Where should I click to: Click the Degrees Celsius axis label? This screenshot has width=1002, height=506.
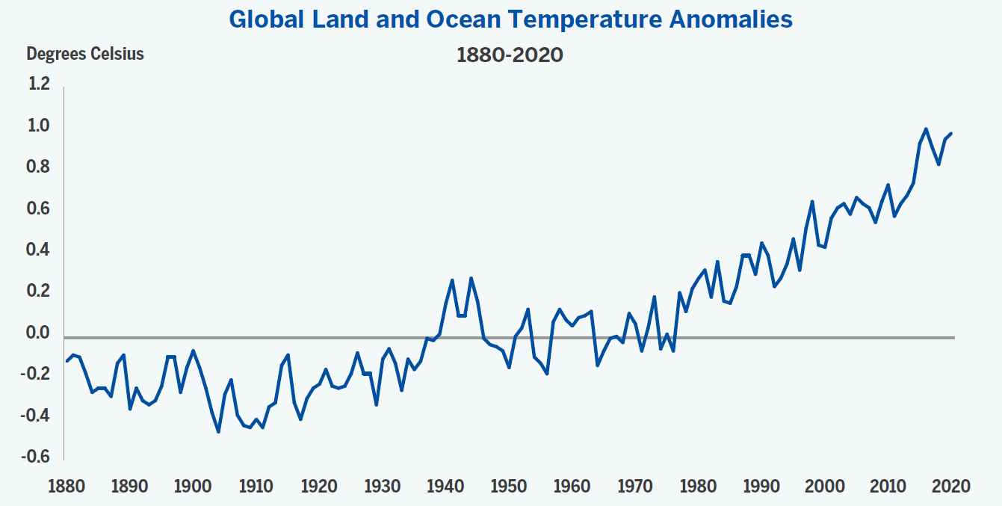(x=85, y=54)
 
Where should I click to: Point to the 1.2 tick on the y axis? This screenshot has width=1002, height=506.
(x=39, y=84)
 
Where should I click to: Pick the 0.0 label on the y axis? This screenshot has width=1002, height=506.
(x=39, y=333)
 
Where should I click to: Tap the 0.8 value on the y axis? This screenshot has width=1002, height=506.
(x=39, y=167)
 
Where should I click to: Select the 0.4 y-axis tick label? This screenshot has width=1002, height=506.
(x=39, y=250)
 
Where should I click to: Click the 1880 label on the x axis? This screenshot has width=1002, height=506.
(x=66, y=487)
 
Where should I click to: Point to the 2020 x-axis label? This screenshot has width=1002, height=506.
(x=951, y=487)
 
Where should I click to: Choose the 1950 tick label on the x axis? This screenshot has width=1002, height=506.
(x=509, y=487)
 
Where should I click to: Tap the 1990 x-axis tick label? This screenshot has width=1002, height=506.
(x=761, y=487)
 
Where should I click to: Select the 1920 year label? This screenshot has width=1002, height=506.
(x=319, y=487)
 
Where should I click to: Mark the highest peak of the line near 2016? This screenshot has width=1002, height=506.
(x=926, y=129)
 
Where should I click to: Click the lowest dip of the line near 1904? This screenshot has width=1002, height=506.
(x=218, y=431)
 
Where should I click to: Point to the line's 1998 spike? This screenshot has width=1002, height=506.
(x=812, y=201)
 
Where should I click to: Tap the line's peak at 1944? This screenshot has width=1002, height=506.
(x=471, y=278)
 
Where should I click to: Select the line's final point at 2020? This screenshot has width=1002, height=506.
(x=951, y=133)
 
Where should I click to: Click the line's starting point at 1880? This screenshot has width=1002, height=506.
(x=67, y=361)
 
